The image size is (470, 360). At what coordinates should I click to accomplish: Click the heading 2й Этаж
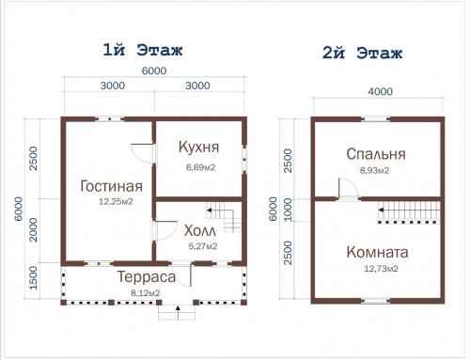pyautogui.click(x=362, y=55)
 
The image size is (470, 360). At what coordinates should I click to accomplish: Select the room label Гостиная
pyautogui.click(x=112, y=185)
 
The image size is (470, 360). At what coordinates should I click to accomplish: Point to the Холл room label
pyautogui.click(x=198, y=231)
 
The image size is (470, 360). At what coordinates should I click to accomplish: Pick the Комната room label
pyautogui.click(x=376, y=253)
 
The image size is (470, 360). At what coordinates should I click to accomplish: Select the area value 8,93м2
pyautogui.click(x=374, y=172)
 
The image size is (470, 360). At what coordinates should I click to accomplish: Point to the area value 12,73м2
pyautogui.click(x=376, y=270)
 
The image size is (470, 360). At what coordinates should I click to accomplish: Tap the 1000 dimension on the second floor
pyautogui.click(x=287, y=205)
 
